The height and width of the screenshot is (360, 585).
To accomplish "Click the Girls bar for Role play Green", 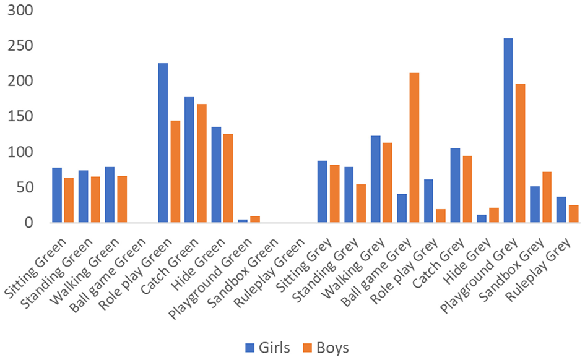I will (163, 143).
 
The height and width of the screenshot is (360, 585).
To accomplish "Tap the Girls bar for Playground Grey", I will (508, 131).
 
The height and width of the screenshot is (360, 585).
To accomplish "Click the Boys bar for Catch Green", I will (202, 163).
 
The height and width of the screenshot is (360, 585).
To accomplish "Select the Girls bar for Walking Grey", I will (375, 179).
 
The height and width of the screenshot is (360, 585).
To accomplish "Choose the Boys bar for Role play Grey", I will (441, 216).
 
